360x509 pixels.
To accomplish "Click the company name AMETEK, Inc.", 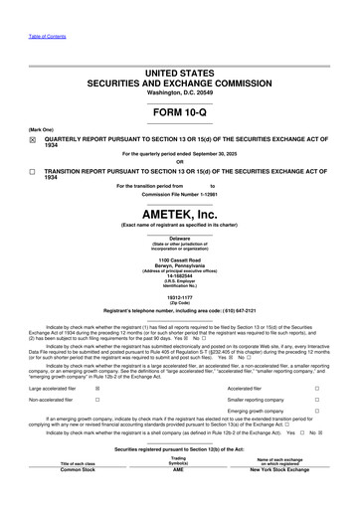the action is tap(180, 214).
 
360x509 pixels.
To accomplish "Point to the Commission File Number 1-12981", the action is tap(180, 194).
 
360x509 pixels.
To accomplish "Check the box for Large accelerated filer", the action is tap(96, 389).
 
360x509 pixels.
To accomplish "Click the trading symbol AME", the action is tap(178, 497).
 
